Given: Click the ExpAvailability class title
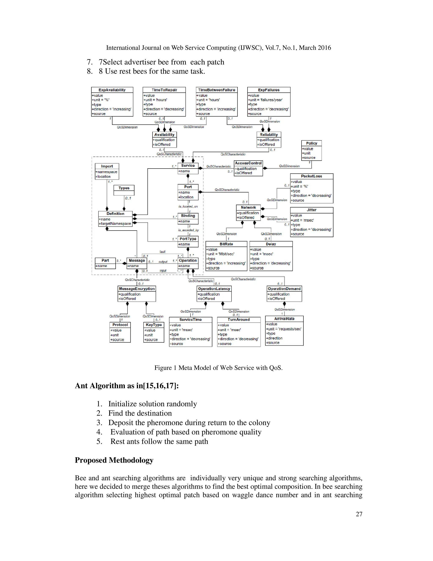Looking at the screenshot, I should tap(112, 90).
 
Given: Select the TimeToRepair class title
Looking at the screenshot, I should tap(164, 90).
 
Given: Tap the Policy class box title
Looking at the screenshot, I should tap(311, 143).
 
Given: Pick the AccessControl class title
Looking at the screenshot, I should tap(248, 163).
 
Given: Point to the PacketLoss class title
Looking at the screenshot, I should tap(311, 176).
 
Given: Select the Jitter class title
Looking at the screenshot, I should tap(311, 210).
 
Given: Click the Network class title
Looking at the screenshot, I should tap(248, 207).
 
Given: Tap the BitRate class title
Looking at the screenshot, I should tap(226, 244).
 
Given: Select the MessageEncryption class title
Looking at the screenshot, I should tap(137, 289).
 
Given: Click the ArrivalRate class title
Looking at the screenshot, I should tap(284, 319).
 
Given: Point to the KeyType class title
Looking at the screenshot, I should tap(154, 325).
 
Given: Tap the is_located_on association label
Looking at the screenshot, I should tap(188, 206).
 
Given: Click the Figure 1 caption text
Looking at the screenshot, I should tap(218, 368).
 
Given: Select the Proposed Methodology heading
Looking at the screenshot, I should tap(114, 460).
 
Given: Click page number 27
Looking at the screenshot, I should tap(359, 514).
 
